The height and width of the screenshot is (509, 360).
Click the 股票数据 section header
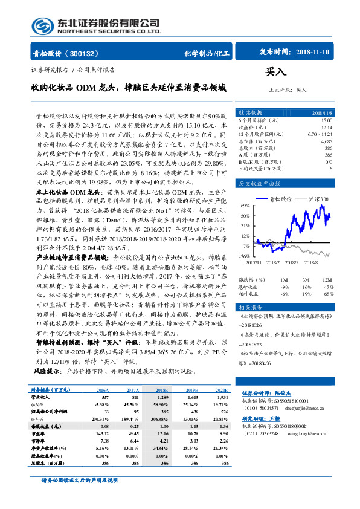tap(249, 112)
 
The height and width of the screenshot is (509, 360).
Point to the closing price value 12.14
tap(326, 127)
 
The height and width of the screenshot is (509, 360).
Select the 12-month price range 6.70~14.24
tap(318, 134)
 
